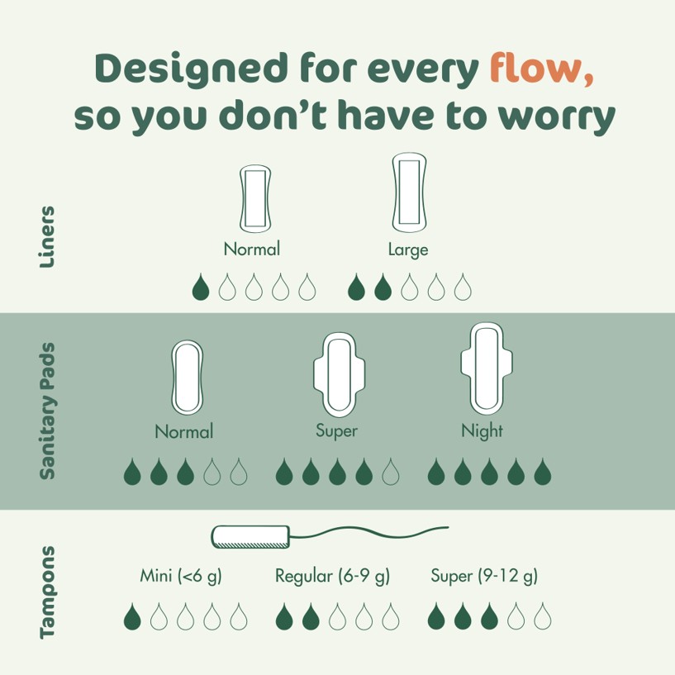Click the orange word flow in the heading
pos(542,68)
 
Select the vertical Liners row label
pos(47,237)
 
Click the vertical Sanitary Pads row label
pos(47,411)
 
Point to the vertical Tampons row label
pos(47,592)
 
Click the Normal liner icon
pos(255,198)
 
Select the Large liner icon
pos(409,192)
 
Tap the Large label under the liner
pos(408,250)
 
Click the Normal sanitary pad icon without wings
pos(188,377)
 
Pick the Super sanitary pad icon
pos(340,374)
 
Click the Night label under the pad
pos(482,431)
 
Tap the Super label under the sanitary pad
pos(336,431)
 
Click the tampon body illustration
pos(250,537)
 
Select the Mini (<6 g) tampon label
pos(181,576)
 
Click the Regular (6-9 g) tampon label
pos(332,576)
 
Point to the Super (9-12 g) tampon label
pos(484,576)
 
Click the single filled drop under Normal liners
pos(201,287)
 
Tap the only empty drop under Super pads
pos(391,472)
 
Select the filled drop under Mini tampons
pos(132,616)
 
